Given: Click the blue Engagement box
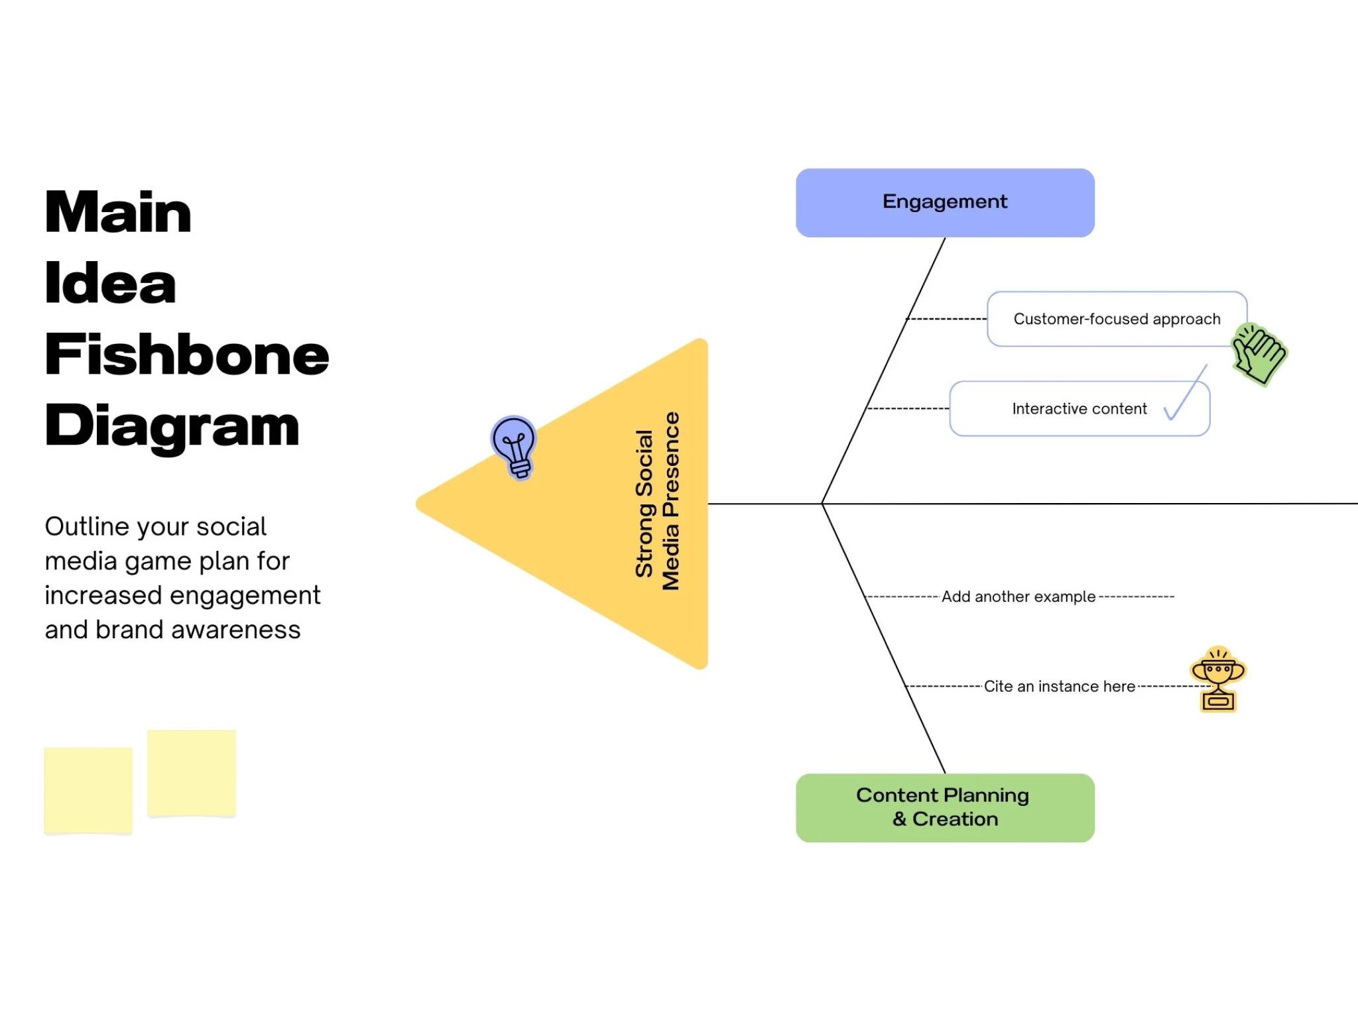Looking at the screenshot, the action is click(945, 202).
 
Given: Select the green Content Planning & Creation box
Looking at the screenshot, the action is click(945, 807).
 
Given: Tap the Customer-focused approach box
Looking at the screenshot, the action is click(1117, 319).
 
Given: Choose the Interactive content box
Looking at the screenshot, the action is click(1080, 408).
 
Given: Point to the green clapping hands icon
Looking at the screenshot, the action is click(1259, 354).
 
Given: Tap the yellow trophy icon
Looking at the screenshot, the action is click(1218, 679).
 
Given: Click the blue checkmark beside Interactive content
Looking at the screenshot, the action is click(1185, 393).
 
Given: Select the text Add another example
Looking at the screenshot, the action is click(1018, 596).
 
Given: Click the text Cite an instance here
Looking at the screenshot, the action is click(1060, 686).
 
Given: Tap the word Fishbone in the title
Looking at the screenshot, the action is click(187, 355).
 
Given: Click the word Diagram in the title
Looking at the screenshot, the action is click(172, 427).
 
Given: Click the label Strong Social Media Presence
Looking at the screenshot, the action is click(657, 502).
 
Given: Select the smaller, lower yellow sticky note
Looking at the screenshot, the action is click(88, 790).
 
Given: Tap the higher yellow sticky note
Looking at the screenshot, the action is click(192, 773).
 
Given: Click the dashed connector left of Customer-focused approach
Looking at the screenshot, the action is click(946, 319).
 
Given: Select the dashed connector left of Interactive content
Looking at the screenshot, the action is click(908, 408).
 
